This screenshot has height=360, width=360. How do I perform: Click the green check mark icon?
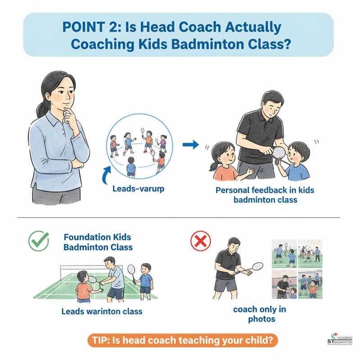[39, 241]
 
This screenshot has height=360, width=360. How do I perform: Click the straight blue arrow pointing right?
[191, 145]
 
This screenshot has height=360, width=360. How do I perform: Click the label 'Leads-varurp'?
[138, 189]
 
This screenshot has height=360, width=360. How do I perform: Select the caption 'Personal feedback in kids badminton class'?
[265, 194]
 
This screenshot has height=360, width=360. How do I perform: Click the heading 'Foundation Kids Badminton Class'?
[98, 241]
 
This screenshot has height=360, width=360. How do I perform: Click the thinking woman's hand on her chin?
[69, 116]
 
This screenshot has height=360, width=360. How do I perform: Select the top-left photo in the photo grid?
[284, 253]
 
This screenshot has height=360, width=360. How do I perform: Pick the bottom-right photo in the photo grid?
[310, 284]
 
